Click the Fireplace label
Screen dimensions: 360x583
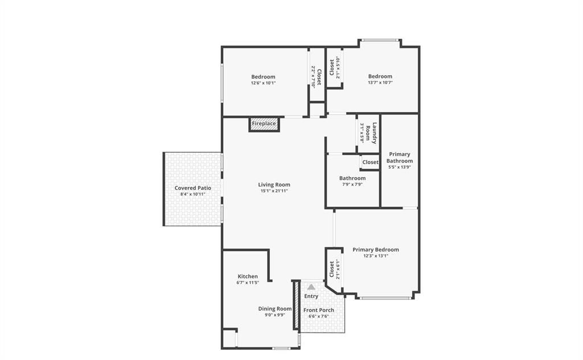pos(264,124)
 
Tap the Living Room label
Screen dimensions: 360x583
pos(274,185)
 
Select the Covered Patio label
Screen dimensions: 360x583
pos(192,188)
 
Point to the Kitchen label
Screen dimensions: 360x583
pos(248,276)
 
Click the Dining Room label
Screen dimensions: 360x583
pos(275,309)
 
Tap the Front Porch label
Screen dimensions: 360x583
pos(319,310)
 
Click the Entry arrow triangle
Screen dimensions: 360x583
pos(311,287)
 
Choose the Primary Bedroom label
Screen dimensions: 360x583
pos(375,249)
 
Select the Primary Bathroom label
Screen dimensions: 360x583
pos(399,157)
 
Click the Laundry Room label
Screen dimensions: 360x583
pos(371,133)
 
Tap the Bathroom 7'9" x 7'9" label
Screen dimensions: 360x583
pos(352,178)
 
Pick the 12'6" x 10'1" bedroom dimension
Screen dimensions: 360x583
pos(263,83)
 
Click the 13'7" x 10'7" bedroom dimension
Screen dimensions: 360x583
pos(380,83)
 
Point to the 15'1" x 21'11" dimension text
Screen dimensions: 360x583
pos(274,191)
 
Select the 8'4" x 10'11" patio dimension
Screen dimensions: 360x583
pos(192,194)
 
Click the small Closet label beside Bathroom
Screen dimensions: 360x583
pos(370,162)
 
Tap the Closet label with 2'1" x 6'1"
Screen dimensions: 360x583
pos(331,269)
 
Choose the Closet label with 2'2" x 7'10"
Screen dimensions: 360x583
pos(319,77)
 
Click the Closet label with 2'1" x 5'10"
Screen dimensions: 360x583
pos(332,67)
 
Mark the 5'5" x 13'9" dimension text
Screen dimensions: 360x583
pos(399,167)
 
